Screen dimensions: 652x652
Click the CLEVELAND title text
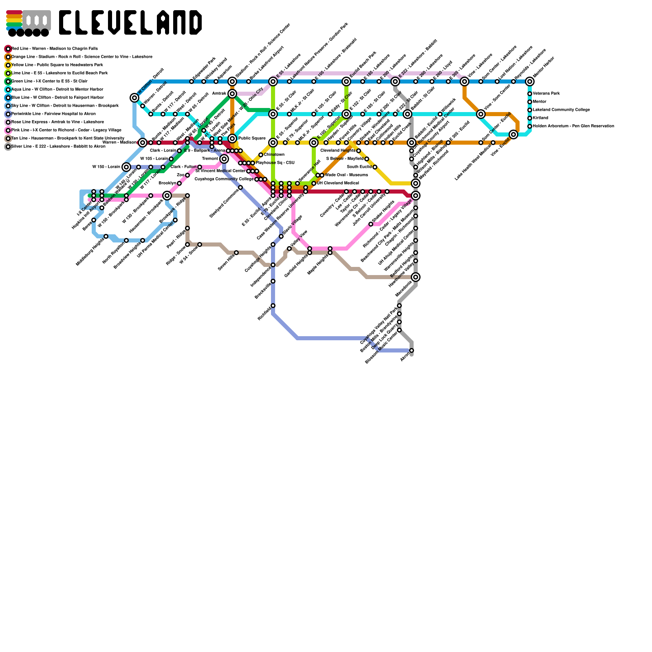pos(130,22)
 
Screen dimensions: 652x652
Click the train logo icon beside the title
pos(28,23)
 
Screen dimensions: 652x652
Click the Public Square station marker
pos(232,139)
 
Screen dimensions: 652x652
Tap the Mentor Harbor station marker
pos(530,81)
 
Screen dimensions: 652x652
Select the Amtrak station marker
pos(232,94)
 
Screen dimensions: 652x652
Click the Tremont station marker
pos(224,159)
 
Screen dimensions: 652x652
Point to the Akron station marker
pos(412,350)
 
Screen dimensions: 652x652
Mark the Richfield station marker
pos(273,306)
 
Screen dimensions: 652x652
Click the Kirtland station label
pos(540,118)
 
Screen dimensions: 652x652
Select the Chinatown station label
pos(274,155)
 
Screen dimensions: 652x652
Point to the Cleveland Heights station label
pos(338,151)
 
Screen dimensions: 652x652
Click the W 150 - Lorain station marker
pos(126,167)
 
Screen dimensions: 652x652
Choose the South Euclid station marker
pos(375,167)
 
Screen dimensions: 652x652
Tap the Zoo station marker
pos(187,175)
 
